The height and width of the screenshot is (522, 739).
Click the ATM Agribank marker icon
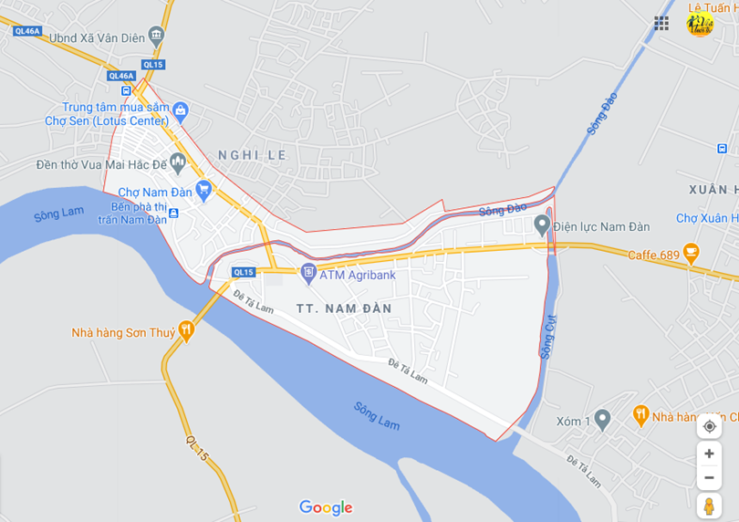coord(308,271)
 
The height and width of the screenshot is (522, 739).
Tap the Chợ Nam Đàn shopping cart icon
coord(203,191)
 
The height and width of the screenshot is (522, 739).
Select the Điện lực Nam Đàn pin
coord(542,224)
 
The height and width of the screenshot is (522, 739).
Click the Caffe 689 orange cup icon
coord(691,253)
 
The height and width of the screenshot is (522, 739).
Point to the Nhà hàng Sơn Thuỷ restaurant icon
coord(186,332)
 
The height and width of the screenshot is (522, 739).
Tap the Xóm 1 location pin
coord(601,419)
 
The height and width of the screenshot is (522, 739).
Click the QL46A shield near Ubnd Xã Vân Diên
coord(27,31)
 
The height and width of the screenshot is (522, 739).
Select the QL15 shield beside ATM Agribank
coord(243,272)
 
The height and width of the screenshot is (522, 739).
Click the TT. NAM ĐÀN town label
coord(344,308)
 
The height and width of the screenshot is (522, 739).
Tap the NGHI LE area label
coord(252,155)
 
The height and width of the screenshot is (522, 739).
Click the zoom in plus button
coord(709,454)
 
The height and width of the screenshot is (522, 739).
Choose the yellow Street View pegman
coord(709,506)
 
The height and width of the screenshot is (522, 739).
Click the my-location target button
coord(709,426)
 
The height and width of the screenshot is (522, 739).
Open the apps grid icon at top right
coord(661,24)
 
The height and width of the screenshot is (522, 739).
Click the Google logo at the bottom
coord(326,507)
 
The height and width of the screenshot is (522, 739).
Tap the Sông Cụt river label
coord(548,336)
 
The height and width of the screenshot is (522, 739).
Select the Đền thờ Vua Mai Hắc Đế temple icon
coord(178,163)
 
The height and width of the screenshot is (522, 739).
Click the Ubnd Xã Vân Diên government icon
coord(156,37)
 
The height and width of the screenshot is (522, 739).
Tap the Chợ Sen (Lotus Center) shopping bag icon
coord(181,112)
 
